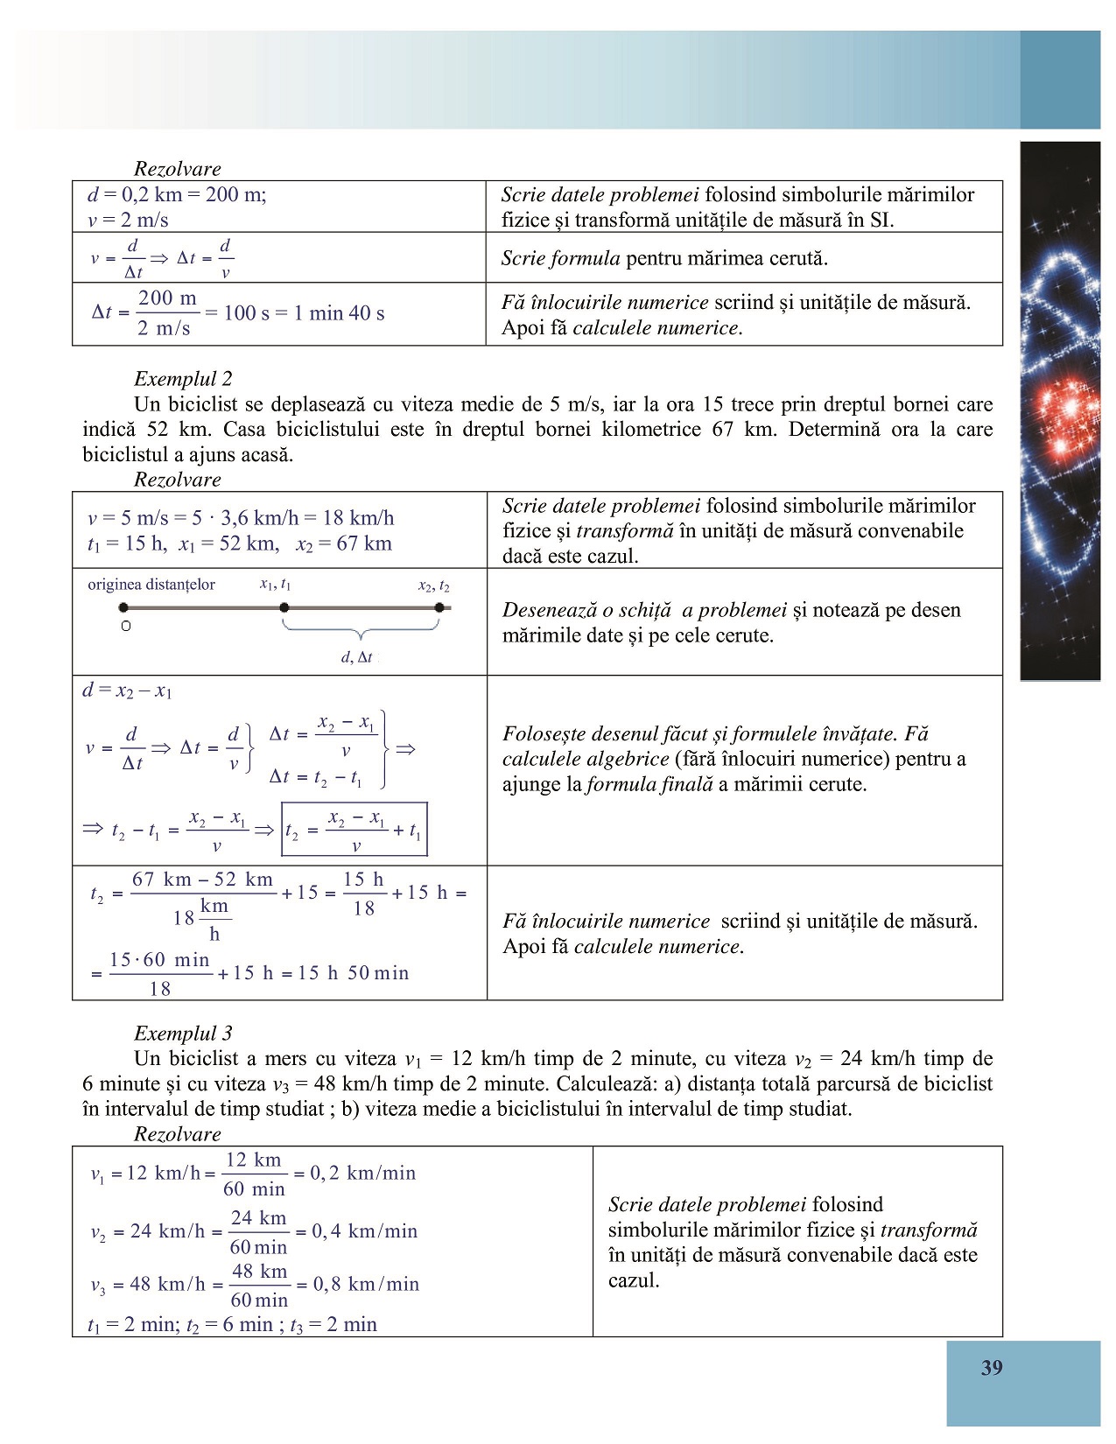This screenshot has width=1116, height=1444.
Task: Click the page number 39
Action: point(991,1368)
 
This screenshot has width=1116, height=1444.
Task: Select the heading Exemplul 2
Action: point(183,379)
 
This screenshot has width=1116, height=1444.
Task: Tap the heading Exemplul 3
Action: point(183,1034)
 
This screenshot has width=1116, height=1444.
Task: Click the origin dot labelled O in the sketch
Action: point(124,607)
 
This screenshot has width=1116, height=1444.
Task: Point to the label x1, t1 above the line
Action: point(275,585)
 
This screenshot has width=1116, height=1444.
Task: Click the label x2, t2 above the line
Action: point(433,585)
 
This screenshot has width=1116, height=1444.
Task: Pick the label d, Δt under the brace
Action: point(356,657)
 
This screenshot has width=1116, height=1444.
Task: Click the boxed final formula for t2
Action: point(354,830)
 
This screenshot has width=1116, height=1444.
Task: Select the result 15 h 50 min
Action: point(354,973)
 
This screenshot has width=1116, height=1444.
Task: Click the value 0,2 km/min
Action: point(363,1173)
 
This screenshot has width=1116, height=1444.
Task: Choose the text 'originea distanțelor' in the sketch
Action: point(151,585)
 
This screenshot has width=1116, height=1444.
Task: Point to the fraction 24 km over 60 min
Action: point(258,1232)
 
